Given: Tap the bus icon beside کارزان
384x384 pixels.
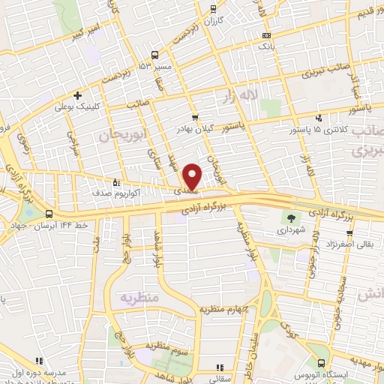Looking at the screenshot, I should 214,9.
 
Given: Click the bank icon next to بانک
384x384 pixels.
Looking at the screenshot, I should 266,35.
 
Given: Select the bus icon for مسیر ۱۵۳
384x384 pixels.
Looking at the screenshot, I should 154,55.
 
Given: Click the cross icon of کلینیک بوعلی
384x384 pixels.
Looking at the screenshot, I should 76,95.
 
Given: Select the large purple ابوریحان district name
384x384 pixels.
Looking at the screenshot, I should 118,134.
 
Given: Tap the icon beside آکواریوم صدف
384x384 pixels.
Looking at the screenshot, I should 115,181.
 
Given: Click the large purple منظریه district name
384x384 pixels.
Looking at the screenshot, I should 137,297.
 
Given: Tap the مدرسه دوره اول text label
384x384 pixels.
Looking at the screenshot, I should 44,372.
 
